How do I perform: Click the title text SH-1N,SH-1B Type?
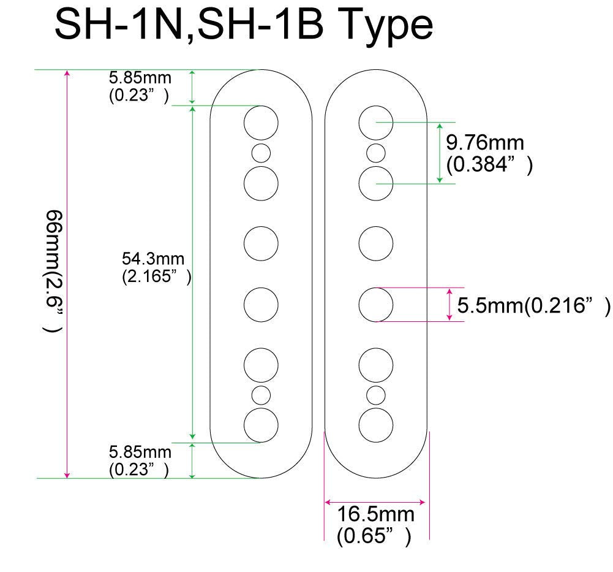click(243, 26)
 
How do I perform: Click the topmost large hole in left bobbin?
click(261, 123)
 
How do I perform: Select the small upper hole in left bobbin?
click(261, 153)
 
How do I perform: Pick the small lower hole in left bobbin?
click(261, 395)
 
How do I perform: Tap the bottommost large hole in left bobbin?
click(261, 424)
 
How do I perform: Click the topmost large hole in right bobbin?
click(375, 122)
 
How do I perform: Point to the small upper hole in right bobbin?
click(375, 152)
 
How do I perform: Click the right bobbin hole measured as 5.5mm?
click(375, 304)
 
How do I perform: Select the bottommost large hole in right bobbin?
click(375, 424)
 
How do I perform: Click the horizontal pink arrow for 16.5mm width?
click(375, 501)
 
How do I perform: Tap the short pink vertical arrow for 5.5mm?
click(450, 304)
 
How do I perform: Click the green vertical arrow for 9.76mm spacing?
click(440, 153)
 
